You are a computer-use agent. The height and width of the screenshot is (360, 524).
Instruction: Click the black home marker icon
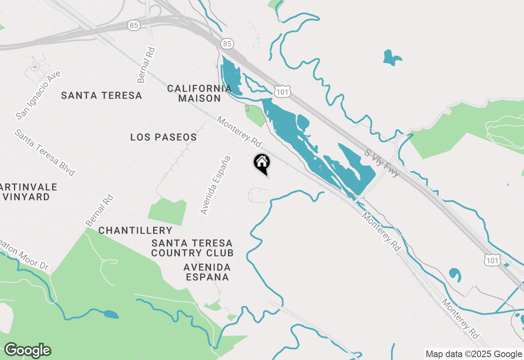pos(262,163)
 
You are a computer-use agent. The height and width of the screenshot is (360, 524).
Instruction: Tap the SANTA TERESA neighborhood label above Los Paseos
pos(102,96)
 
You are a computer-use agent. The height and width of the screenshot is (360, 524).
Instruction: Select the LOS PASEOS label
pos(163,137)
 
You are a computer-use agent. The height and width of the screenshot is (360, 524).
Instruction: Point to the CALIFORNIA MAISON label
pos(199,93)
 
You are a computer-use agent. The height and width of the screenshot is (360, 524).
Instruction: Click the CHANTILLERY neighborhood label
pos(135,231)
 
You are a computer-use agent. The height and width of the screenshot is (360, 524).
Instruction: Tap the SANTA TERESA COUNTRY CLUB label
pos(192,248)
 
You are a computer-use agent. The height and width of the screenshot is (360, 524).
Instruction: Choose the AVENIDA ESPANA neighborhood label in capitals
pos(207,272)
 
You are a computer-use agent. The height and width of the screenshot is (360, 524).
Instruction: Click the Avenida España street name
pos(216,185)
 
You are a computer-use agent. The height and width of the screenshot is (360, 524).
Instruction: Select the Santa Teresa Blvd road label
pos(45,153)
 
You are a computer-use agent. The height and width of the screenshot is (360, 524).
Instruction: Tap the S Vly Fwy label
pos(382,162)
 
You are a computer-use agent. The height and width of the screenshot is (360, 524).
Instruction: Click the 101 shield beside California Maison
pos(283,92)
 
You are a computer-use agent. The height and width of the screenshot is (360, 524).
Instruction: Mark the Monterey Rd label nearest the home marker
pos(239,132)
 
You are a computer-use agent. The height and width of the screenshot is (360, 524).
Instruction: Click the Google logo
pos(27,351)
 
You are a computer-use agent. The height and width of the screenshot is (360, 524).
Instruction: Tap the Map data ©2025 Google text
pos(474,354)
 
